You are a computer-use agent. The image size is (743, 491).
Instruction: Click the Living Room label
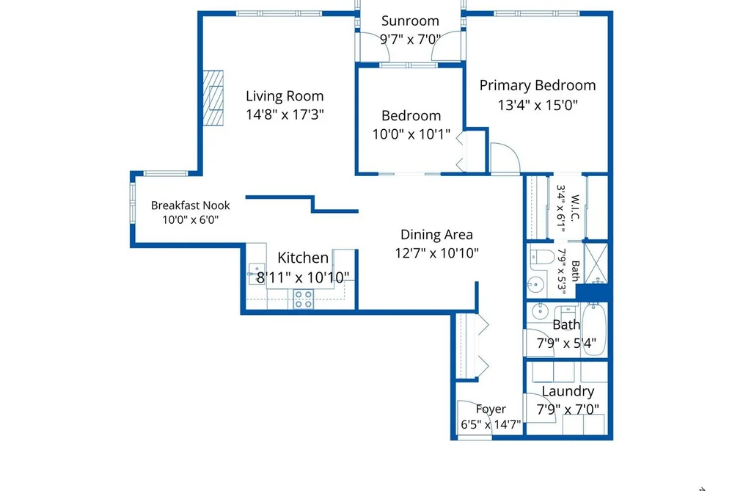coord(285,96)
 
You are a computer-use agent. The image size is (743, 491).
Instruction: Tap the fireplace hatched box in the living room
coord(213,98)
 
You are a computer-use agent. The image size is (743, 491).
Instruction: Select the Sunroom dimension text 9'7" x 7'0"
coord(410,39)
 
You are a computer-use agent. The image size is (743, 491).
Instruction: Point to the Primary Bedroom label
coord(538,86)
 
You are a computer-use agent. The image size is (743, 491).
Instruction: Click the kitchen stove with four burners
coord(303,299)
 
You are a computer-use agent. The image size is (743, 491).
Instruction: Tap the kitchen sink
coord(257,274)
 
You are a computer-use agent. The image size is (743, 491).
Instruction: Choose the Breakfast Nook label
coord(191,206)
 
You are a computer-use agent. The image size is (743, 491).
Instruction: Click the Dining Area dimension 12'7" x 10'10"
coord(437,253)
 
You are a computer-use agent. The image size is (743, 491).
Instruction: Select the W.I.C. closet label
coord(575,208)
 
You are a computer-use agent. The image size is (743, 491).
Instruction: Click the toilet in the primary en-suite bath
coord(542,257)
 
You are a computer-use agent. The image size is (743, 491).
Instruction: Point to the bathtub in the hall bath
coord(594,330)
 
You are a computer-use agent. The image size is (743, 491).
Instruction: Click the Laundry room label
coord(568,391)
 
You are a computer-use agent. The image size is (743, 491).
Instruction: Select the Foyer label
coord(491,409)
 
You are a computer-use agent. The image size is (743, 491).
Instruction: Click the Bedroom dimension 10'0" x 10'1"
coord(411,134)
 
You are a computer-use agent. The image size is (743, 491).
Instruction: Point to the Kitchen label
coord(303,258)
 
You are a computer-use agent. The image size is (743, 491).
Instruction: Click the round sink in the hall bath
coord(539,311)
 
